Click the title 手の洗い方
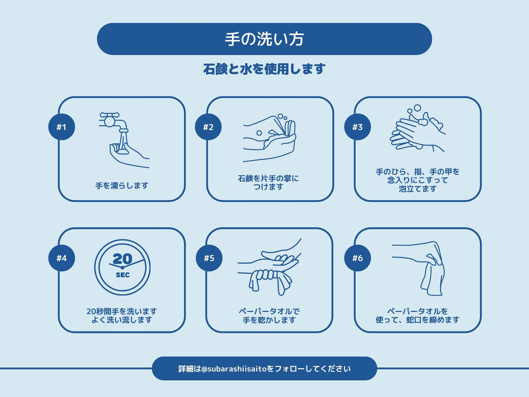(x=264, y=39)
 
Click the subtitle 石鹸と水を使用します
(x=264, y=69)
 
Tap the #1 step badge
(x=62, y=127)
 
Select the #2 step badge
(x=208, y=127)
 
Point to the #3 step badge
(x=357, y=127)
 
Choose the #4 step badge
(x=62, y=258)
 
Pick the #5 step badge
(x=209, y=258)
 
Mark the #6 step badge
(x=357, y=258)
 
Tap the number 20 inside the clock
(x=122, y=259)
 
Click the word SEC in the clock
(x=123, y=275)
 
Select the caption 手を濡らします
(x=122, y=185)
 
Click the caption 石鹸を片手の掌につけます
(x=268, y=183)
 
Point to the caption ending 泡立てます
(x=418, y=180)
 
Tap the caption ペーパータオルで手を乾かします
(x=269, y=316)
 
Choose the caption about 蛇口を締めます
(x=418, y=316)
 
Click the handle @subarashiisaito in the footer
(x=234, y=369)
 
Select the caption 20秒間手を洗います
(x=122, y=311)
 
